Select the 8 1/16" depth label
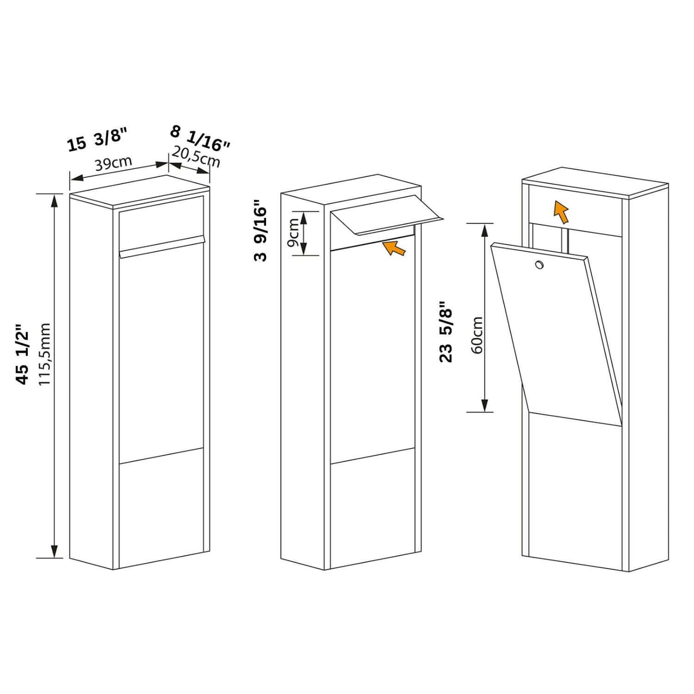[200, 138]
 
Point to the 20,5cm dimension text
[196, 157]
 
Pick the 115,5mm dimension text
[44, 354]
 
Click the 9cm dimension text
[293, 232]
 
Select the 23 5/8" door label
[446, 332]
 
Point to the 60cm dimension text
[477, 335]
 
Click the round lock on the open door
[539, 264]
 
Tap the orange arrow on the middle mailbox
[395, 248]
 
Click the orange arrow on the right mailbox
[560, 212]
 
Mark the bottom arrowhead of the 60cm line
[485, 406]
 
